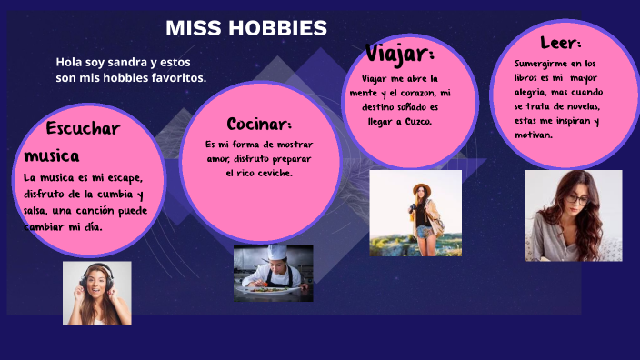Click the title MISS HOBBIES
[x=245, y=28]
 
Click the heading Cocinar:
[x=259, y=124]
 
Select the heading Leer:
[x=560, y=43]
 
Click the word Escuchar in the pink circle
[x=83, y=128]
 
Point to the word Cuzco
[x=417, y=120]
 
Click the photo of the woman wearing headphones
[x=96, y=293]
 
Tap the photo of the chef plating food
[x=273, y=273]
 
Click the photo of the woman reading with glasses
[x=573, y=215]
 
